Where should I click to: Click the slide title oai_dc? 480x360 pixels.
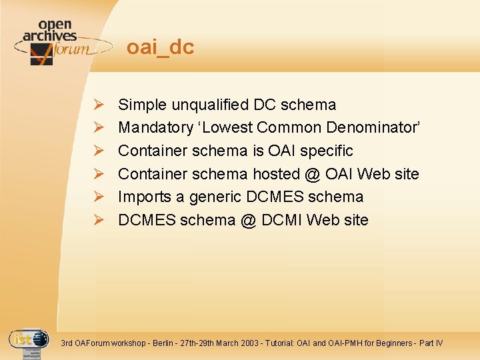(x=160, y=47)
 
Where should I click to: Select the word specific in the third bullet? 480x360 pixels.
(x=326, y=151)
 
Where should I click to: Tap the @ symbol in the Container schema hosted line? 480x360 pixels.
(x=311, y=174)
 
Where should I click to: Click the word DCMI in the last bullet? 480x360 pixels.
(x=283, y=220)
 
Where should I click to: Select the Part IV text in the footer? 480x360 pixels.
(x=431, y=343)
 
